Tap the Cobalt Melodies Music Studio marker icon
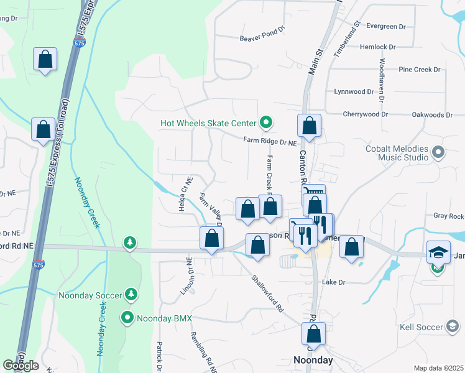click(438, 152)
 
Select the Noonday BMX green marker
click(127, 318)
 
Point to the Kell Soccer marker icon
click(454, 326)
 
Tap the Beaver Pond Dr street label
click(262, 38)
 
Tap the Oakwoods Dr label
click(433, 115)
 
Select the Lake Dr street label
click(333, 282)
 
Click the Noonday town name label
click(313, 361)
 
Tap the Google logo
click(21, 366)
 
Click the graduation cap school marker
click(438, 252)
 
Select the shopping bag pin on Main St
click(309, 126)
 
